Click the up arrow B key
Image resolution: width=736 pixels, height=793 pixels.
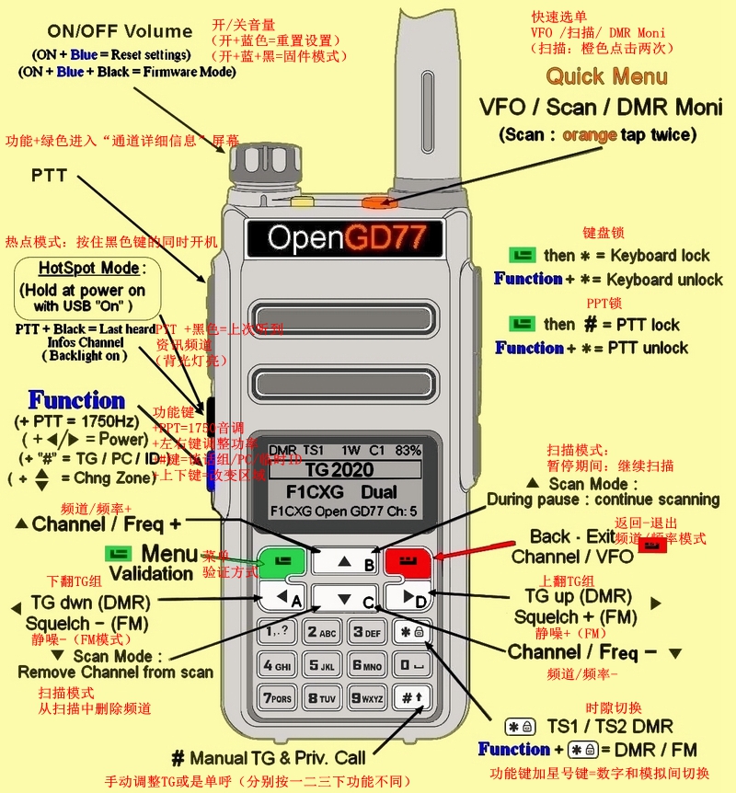(344, 561)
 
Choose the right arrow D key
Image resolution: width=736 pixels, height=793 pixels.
(409, 598)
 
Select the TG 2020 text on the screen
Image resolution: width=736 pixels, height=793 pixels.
(343, 467)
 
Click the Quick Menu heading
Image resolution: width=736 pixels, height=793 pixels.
(606, 76)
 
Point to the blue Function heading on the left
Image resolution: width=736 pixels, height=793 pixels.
(76, 400)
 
